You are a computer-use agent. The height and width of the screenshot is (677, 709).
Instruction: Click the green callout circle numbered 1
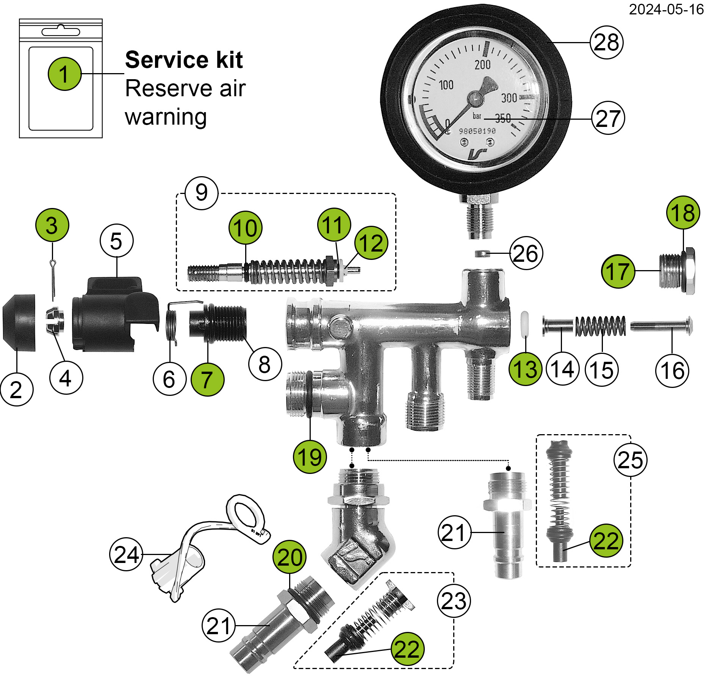tap(64, 74)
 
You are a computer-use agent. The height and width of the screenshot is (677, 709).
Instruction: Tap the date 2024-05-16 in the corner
tap(666, 9)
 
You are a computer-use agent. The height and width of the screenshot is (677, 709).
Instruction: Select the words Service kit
tap(184, 60)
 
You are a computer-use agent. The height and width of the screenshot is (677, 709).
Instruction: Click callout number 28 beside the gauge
tap(606, 42)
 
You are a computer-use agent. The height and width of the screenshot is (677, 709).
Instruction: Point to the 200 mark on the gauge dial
tap(482, 65)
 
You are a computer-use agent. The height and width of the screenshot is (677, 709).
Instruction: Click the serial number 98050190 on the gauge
tap(477, 131)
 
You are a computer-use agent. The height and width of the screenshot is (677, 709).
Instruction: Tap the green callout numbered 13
tap(525, 369)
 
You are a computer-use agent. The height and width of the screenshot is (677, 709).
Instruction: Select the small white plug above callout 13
tap(524, 324)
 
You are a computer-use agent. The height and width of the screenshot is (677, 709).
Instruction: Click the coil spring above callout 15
tap(600, 326)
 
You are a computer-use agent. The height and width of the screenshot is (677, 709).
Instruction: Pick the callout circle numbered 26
tap(526, 253)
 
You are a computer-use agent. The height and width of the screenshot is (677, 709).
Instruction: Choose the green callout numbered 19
tap(310, 457)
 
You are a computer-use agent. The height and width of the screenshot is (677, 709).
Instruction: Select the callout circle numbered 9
tap(202, 193)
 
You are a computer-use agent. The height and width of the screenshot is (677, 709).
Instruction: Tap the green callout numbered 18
tap(683, 212)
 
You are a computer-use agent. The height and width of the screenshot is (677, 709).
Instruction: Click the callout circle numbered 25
tap(630, 460)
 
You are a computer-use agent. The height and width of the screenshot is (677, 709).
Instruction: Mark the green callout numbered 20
tap(290, 557)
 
